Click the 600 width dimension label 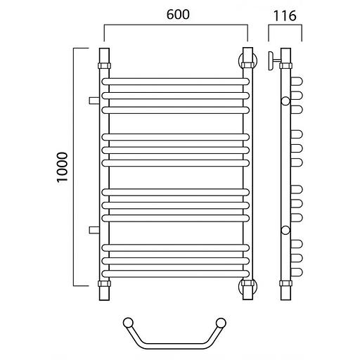[178, 15]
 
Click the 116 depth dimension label [285, 16]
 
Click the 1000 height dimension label [63, 167]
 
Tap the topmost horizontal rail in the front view [176, 82]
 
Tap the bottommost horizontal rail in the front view [176, 274]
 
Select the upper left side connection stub [94, 101]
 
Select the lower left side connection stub [94, 230]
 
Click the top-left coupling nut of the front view [104, 65]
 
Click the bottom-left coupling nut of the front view [104, 283]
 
